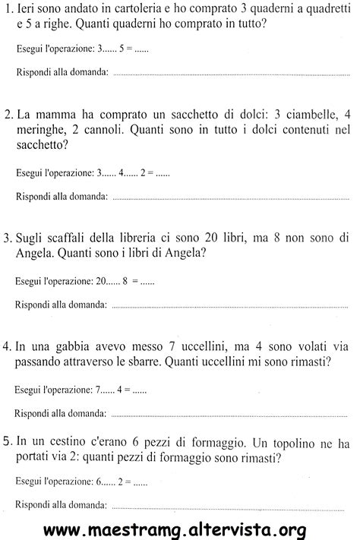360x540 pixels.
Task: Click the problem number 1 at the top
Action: pyautogui.click(x=8, y=11)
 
